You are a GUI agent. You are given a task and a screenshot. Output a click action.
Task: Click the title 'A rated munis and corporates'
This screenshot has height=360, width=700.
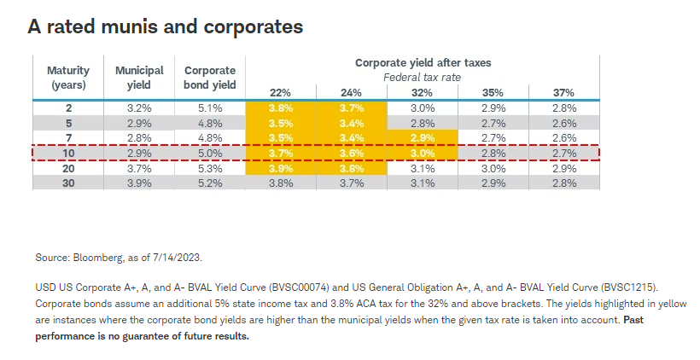166,27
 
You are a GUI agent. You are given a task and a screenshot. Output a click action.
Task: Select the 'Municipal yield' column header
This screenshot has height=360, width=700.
139,77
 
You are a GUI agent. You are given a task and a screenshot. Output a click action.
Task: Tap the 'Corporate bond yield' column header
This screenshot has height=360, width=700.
209,77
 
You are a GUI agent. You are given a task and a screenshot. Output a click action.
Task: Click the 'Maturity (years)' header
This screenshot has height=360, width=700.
67,77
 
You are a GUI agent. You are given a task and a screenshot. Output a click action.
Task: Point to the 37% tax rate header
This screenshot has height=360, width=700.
563,92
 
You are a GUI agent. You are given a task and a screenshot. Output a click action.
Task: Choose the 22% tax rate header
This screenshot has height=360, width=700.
280,92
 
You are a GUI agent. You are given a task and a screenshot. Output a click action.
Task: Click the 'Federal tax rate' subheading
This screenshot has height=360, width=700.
422,77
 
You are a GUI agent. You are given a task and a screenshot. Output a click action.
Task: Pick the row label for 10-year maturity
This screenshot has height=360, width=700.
67,154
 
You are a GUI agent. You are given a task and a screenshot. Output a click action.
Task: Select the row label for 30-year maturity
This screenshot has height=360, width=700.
67,183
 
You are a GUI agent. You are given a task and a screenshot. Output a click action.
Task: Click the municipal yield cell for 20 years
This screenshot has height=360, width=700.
139,169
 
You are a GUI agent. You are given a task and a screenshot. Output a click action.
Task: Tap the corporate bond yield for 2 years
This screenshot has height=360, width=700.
209,108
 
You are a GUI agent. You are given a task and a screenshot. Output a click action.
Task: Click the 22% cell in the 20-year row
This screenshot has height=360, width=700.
280,169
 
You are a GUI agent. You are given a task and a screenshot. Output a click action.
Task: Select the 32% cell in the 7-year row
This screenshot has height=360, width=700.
422,138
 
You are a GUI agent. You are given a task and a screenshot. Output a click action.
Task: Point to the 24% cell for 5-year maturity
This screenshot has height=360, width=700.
351,124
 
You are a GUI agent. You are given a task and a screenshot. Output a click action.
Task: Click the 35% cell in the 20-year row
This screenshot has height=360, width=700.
493,169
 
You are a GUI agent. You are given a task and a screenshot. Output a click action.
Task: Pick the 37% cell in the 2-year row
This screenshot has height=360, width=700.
563,108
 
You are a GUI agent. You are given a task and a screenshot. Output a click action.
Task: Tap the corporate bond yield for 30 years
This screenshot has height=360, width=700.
209,183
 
